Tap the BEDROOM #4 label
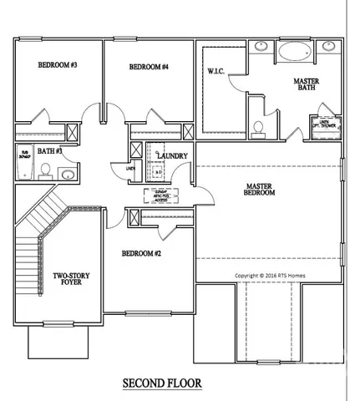(149, 68)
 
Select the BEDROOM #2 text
(141, 253)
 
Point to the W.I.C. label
(217, 72)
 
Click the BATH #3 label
(49, 151)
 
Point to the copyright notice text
(271, 274)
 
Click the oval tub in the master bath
(292, 51)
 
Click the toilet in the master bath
(259, 127)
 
